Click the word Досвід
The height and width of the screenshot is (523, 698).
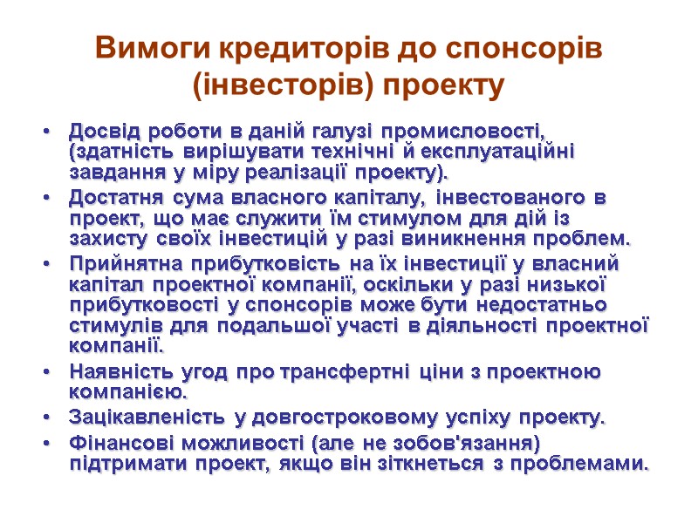99,132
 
